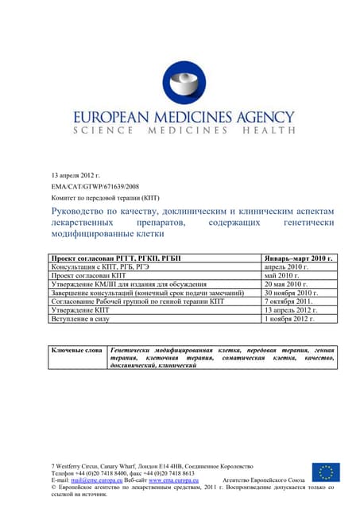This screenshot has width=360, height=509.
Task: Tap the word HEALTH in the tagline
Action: pos(268,130)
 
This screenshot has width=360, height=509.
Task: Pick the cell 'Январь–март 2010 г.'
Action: pos(298,259)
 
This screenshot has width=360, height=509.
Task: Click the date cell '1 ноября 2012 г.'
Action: pos(289,318)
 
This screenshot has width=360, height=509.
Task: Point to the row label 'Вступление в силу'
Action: pos(80,318)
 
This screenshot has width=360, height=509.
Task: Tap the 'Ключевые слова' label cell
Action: pos(77,351)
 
